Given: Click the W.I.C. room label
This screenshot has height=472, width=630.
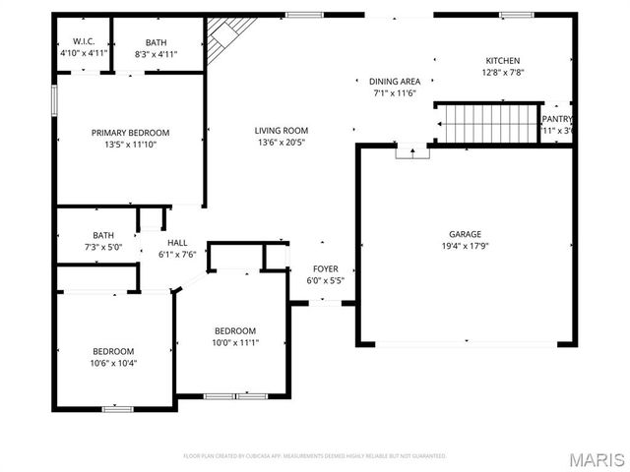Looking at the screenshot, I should (x=83, y=41).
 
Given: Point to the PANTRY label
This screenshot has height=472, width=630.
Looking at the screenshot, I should (x=557, y=119).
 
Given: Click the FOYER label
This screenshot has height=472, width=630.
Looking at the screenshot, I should (x=326, y=268).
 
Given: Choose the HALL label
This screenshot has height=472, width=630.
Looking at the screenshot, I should (x=177, y=243).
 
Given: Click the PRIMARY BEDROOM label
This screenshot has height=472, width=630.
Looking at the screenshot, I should (x=130, y=133).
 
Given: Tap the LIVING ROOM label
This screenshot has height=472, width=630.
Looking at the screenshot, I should (x=282, y=131).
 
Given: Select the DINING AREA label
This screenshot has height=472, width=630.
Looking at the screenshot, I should (x=395, y=82).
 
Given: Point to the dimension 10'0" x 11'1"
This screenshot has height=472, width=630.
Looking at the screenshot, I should (x=235, y=342).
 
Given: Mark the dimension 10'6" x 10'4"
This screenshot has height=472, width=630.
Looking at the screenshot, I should (x=113, y=363).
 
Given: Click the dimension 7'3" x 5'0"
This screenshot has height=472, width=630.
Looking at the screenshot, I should (x=103, y=248).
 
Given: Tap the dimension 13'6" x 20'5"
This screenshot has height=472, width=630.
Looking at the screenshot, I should (x=282, y=143).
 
